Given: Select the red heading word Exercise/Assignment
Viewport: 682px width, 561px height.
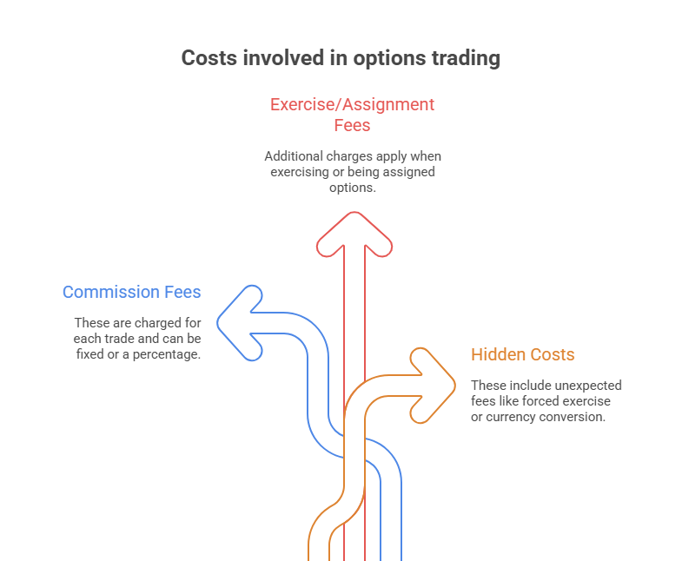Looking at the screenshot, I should click(352, 105).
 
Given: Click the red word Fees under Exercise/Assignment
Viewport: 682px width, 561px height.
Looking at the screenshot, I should click(352, 125).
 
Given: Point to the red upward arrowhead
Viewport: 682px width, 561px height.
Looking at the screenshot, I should click(354, 229).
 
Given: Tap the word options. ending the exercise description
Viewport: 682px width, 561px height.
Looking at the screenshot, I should click(353, 188).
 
